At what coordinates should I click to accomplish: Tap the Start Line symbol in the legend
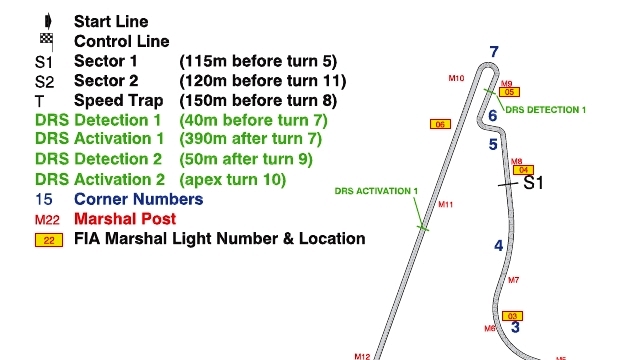(48, 21)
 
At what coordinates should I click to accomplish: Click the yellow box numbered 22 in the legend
(49, 240)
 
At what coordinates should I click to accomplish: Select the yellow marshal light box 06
(440, 124)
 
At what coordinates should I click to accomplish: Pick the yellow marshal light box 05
(509, 92)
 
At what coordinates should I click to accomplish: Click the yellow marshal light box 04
(523, 170)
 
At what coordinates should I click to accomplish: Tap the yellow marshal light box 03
(512, 316)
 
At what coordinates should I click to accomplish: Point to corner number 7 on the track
(494, 52)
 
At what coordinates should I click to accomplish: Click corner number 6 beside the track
(492, 116)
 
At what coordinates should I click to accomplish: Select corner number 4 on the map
(499, 246)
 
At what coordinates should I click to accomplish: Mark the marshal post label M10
(456, 78)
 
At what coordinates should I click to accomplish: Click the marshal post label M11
(446, 205)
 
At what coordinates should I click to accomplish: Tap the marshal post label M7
(514, 280)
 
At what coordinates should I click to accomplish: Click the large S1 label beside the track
(533, 183)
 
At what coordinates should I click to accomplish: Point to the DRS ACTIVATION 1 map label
(376, 191)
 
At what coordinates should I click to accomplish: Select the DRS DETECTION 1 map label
(545, 110)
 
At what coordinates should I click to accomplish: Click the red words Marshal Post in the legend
(125, 219)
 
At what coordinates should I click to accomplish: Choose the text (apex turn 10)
(232, 179)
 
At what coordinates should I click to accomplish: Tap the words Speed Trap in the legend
(118, 100)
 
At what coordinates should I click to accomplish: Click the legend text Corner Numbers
(139, 199)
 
